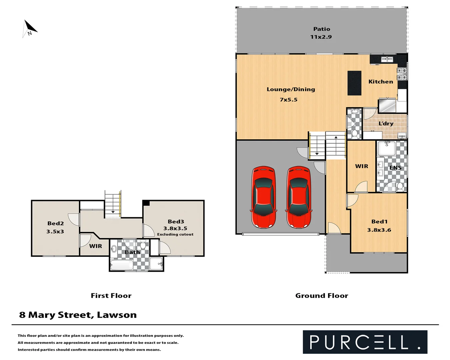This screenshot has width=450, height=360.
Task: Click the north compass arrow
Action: (x=29, y=28)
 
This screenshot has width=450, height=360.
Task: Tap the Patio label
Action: (x=321, y=29)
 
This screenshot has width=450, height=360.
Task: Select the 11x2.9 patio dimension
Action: (x=321, y=37)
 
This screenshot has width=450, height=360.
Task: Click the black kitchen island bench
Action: (x=354, y=83)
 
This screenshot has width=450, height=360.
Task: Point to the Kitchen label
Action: (x=380, y=82)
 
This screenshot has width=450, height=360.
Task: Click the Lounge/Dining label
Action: (x=290, y=89)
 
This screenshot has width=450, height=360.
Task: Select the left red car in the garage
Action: (x=263, y=197)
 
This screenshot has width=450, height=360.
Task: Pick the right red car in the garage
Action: (x=299, y=197)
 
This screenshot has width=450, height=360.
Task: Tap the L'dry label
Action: (x=386, y=124)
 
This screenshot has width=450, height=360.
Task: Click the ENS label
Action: (x=395, y=168)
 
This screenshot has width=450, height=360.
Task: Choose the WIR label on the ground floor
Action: (x=361, y=166)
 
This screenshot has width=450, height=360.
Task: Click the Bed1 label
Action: (x=379, y=222)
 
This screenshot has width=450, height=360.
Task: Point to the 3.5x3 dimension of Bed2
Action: (x=55, y=232)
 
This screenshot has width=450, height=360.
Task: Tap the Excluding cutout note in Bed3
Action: (x=175, y=234)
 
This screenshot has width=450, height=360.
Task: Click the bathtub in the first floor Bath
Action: (x=121, y=265)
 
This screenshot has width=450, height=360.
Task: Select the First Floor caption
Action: (x=111, y=296)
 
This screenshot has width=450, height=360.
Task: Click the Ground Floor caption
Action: (x=321, y=296)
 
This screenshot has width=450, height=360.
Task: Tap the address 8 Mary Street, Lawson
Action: (x=78, y=315)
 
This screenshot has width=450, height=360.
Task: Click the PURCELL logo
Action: (x=365, y=342)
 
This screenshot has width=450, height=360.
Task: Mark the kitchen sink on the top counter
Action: (x=387, y=59)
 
